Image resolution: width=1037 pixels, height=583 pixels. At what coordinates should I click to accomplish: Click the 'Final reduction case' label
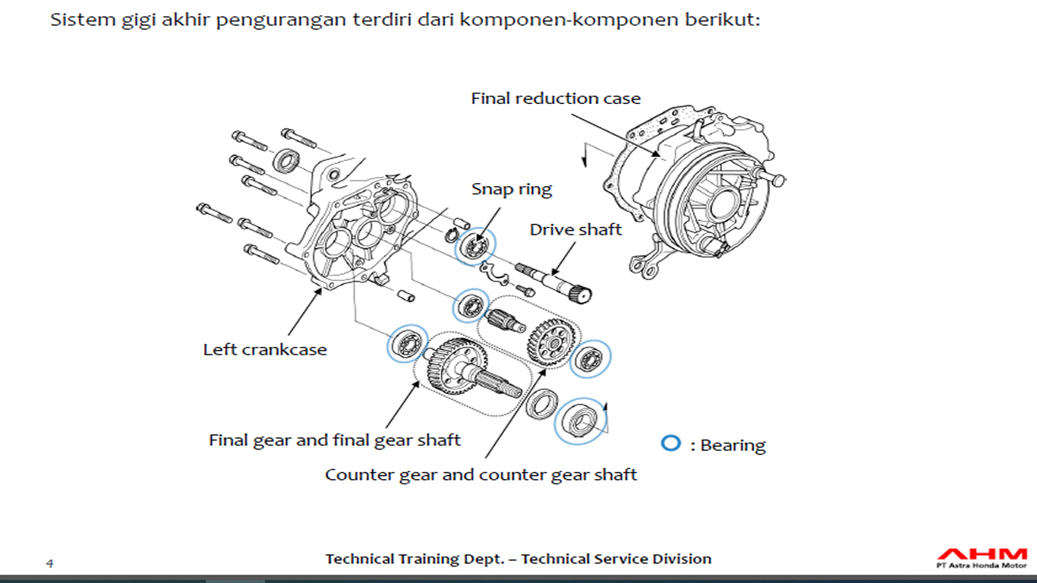555,99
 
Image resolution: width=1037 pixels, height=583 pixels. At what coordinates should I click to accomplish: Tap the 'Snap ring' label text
511,189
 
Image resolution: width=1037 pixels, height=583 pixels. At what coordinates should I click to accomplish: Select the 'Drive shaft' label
575,229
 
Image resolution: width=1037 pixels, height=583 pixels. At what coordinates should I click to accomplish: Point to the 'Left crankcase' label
265,350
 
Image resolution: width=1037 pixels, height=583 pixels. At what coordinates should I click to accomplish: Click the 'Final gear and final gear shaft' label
335,440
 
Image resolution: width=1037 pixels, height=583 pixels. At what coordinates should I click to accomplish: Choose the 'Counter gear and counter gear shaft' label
481,475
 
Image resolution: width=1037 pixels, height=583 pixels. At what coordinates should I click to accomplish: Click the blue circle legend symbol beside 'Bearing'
670,443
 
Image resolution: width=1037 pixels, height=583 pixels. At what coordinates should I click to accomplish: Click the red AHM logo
981,553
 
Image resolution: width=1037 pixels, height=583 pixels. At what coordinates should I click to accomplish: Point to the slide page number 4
50,563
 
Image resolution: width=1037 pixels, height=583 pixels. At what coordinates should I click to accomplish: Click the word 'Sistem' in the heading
77,20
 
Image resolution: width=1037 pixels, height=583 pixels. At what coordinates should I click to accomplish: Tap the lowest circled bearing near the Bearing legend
581,420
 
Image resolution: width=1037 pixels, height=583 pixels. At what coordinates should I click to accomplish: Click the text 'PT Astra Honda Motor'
981,565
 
